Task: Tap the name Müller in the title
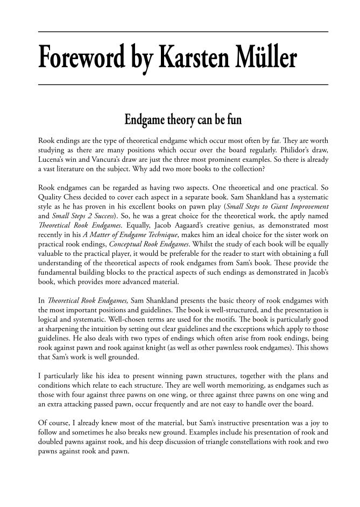[x=263, y=58]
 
